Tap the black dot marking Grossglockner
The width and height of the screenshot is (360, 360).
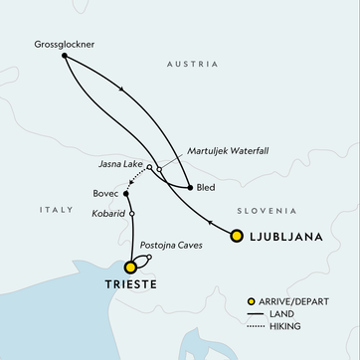tap(64, 56)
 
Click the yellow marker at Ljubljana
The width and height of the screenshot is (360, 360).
tap(237, 236)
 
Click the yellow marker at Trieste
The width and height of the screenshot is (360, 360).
tap(130, 266)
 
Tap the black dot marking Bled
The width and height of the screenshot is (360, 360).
tap(189, 187)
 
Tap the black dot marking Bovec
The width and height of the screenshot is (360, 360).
tap(126, 193)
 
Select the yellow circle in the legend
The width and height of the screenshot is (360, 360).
tap(254, 299)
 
